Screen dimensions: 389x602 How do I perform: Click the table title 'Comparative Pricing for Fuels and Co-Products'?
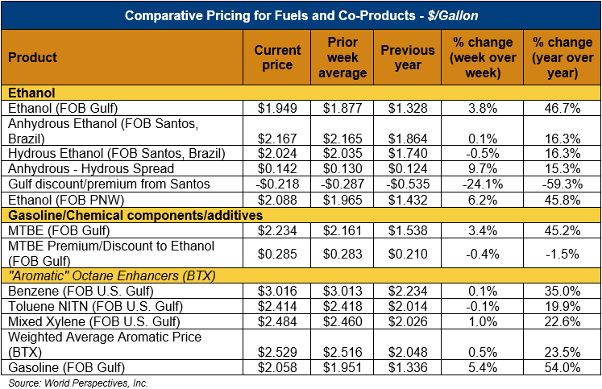300,14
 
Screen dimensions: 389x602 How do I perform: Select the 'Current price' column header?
277,57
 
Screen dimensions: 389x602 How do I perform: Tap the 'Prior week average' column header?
344,57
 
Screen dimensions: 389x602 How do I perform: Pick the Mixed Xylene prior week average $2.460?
344,321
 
